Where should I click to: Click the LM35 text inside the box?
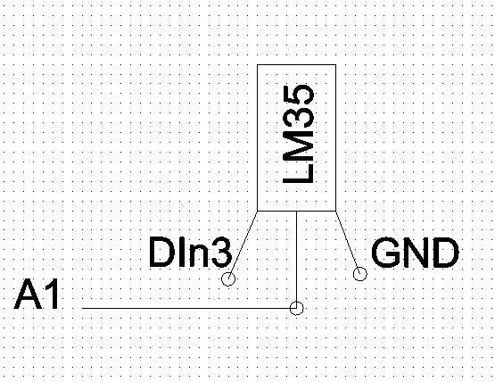point(298,134)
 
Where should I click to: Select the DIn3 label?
point(190,253)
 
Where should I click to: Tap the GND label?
point(415,253)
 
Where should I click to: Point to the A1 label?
point(37,295)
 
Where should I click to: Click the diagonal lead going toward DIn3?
point(243,243)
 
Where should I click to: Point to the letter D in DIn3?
point(160,253)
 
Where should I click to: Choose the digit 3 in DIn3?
point(221,253)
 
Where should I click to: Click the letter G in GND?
point(384,253)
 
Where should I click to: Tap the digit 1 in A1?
point(52,295)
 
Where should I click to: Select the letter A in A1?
point(28,295)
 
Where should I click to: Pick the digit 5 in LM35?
point(298,95)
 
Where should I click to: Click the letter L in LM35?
point(298,173)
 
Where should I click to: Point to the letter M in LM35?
point(298,146)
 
